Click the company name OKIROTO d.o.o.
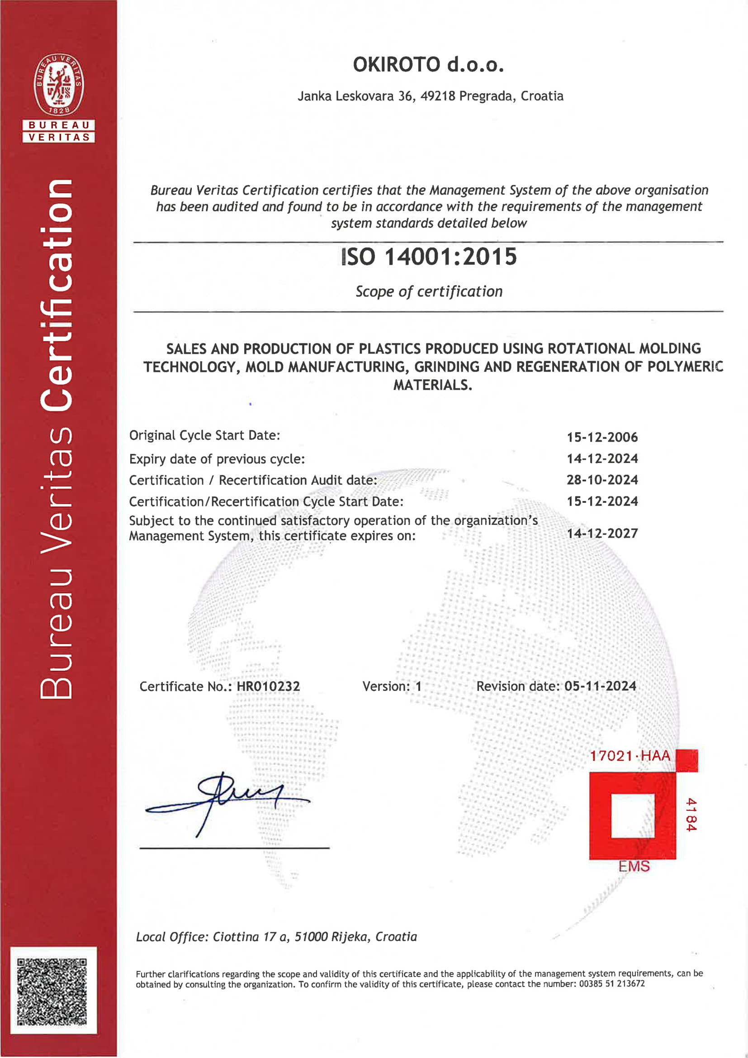point(428,65)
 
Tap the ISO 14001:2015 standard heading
point(429,257)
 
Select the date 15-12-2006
point(602,437)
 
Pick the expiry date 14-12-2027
point(602,533)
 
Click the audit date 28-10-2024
point(602,480)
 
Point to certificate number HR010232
point(268,686)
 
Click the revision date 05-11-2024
point(600,686)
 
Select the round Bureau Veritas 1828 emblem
point(58,84)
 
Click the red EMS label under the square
point(634,866)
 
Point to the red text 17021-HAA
point(630,756)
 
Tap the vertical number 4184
point(691,814)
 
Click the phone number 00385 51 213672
point(612,984)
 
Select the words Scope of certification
point(429,291)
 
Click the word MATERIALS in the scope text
point(432,385)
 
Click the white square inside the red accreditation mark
point(632,815)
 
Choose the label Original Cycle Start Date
point(204,435)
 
